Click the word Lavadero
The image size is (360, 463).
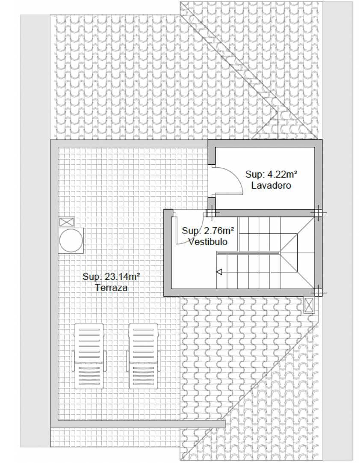click(271, 185)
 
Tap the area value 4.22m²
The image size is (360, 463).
click(282, 174)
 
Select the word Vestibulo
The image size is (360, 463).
click(208, 242)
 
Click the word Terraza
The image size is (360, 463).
click(111, 288)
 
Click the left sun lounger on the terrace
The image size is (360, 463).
click(89, 356)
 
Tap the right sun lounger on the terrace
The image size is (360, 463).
click(144, 356)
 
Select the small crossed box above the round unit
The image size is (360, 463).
click(67, 222)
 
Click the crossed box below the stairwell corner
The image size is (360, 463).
click(309, 305)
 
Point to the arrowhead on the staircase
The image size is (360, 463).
click(219, 272)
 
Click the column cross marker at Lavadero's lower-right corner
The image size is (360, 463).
click(318, 213)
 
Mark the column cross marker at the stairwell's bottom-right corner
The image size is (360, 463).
click(318, 292)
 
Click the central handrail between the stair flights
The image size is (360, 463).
click(248, 253)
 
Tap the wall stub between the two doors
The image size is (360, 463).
click(212, 204)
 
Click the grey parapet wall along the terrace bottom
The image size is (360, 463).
click(138, 424)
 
